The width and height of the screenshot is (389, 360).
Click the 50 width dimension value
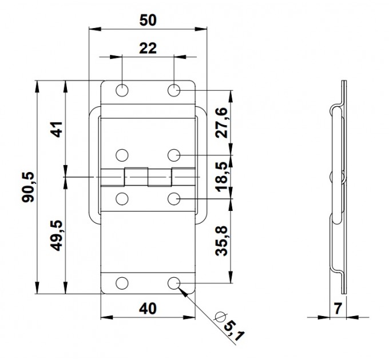pyautogui.click(x=148, y=21)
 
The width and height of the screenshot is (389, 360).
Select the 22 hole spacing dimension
pyautogui.click(x=148, y=49)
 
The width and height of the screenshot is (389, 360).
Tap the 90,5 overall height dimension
pyautogui.click(x=28, y=187)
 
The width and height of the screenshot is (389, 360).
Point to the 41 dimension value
pyautogui.click(x=57, y=129)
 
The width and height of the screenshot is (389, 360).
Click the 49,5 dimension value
pyautogui.click(x=57, y=235)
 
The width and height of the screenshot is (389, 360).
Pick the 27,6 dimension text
pyautogui.click(x=221, y=122)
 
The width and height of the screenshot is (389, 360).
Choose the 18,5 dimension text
pyautogui.click(x=221, y=177)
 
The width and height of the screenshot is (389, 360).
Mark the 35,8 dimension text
pyautogui.click(x=221, y=241)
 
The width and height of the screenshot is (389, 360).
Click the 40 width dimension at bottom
pyautogui.click(x=148, y=309)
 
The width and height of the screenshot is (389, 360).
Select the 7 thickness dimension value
pyautogui.click(x=338, y=309)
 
